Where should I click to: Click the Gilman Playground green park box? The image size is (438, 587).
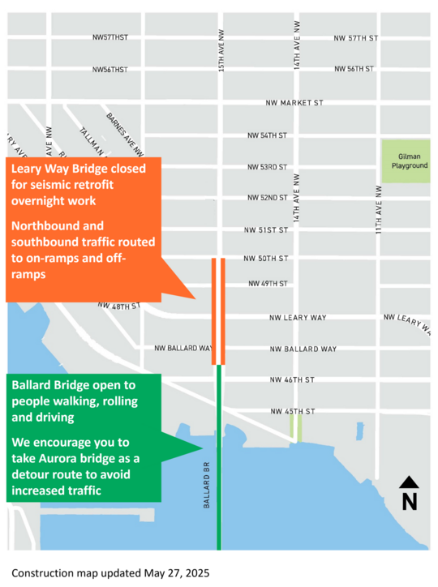click(406, 161)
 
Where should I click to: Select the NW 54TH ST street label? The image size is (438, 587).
click(268, 135)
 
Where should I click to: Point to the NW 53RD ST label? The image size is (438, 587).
click(268, 167)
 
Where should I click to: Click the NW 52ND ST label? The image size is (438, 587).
click(268, 198)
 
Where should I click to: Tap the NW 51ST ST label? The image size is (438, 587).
click(266, 230)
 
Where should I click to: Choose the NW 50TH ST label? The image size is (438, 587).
click(266, 259)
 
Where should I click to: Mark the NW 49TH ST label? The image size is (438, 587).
click(267, 284)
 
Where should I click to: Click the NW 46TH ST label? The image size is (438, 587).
click(292, 379)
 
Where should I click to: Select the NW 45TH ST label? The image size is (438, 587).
click(293, 412)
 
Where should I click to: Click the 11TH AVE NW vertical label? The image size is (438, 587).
click(379, 209)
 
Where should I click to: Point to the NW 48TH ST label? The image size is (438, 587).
click(118, 306)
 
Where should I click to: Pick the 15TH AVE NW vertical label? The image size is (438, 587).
click(221, 50)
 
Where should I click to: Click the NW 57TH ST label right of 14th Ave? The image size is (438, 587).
click(356, 38)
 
